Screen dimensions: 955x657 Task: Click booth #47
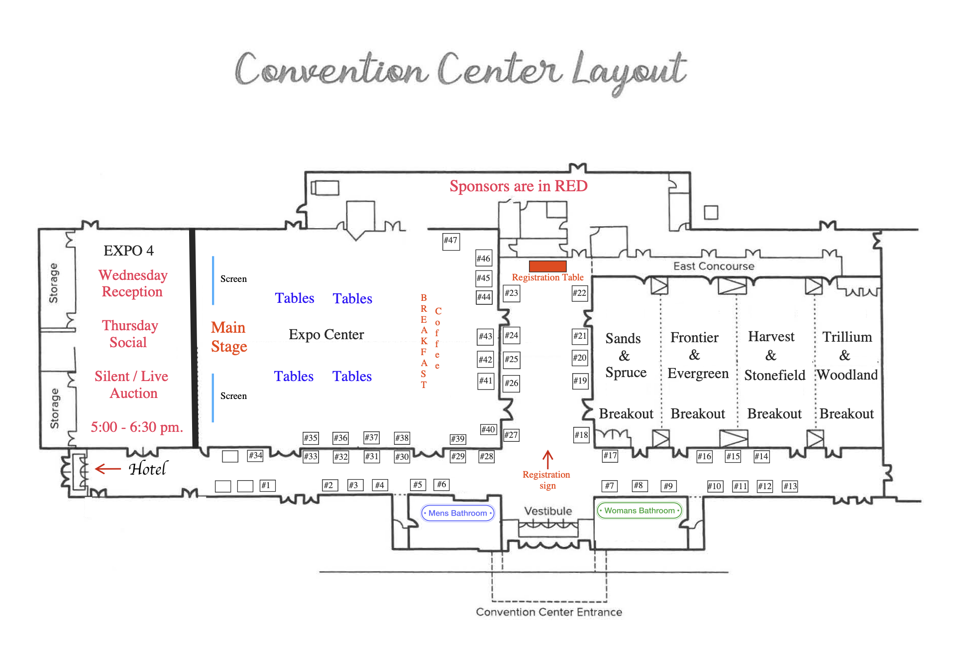(451, 241)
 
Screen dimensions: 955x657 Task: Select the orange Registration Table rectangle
(547, 266)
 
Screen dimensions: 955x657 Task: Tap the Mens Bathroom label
(458, 513)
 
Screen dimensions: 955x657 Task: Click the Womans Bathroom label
(639, 511)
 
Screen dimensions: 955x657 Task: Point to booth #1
(267, 486)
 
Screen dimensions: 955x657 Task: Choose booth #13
(790, 486)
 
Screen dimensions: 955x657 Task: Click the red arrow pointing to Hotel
(108, 469)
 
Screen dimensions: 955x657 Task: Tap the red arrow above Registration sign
(547, 459)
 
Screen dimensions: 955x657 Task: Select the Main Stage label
(229, 337)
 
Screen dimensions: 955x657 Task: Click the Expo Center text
(326, 335)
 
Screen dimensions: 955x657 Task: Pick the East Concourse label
(714, 266)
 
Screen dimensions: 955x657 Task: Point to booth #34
(255, 456)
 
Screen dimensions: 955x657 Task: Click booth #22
(579, 293)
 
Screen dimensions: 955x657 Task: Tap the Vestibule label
(548, 511)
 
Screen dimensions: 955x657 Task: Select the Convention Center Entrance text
(549, 612)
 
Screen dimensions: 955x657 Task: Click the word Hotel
(148, 469)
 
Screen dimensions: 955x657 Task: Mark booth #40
(488, 429)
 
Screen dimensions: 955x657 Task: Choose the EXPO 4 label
(128, 251)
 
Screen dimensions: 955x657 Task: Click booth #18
(581, 435)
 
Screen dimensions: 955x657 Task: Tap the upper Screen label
(233, 279)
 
